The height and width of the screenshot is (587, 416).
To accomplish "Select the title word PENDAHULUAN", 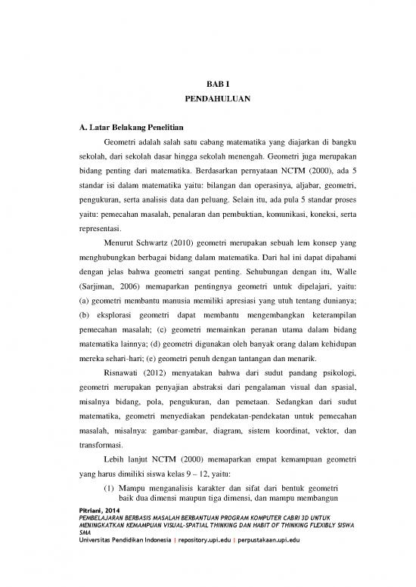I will click(207, 99).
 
